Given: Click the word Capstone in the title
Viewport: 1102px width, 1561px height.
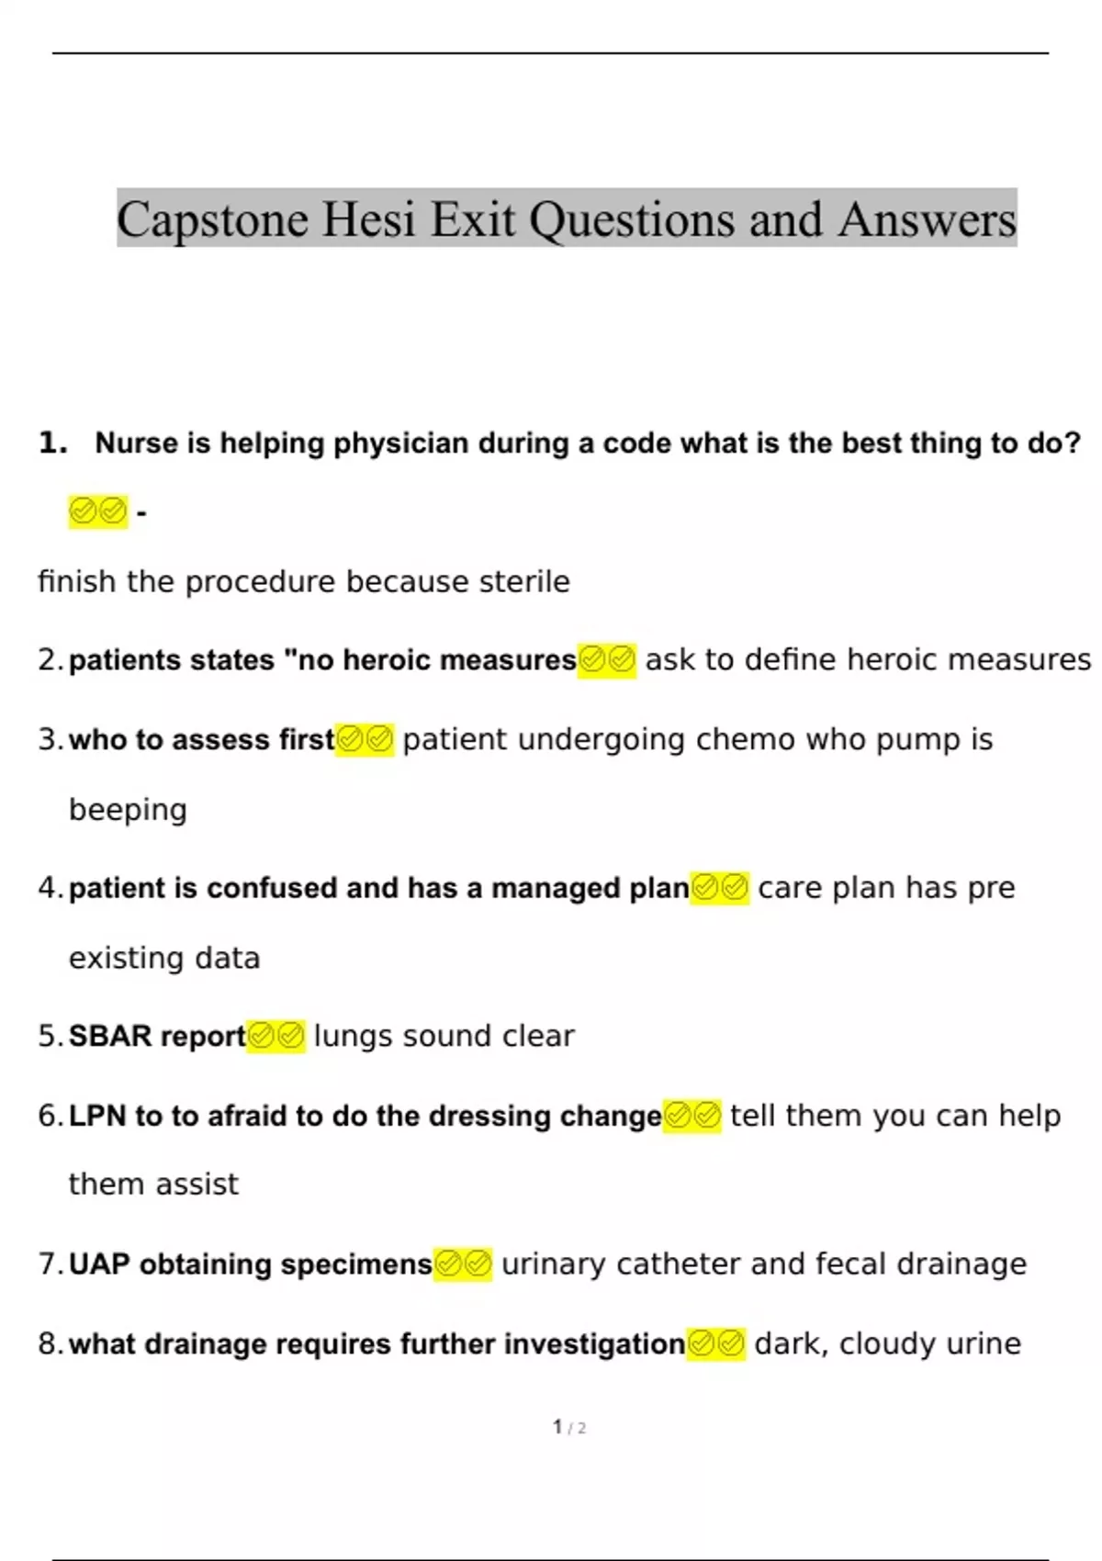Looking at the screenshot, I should click(212, 220).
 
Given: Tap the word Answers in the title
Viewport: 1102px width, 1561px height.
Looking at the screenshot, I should click(927, 220).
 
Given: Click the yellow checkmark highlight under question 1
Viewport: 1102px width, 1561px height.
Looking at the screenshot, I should click(97, 511).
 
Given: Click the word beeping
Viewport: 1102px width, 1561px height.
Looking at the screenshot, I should click(128, 810).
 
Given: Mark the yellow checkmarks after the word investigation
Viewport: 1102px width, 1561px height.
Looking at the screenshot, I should click(716, 1343).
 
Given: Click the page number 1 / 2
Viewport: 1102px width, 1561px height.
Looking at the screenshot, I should click(569, 1427).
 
